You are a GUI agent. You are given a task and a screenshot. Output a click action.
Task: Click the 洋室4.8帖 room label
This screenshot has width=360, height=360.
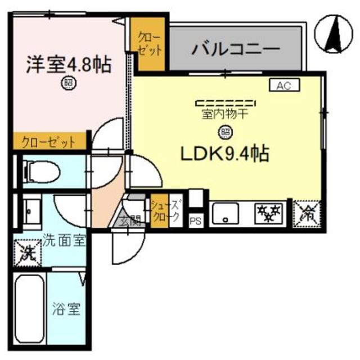68,64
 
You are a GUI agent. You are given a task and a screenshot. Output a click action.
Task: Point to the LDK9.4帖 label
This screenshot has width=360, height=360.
223,152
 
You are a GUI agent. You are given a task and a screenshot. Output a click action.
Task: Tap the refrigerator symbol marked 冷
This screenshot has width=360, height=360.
308,213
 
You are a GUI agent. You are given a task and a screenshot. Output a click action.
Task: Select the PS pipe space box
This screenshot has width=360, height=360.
195,221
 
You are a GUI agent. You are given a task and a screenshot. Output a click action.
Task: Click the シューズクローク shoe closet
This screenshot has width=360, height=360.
165,210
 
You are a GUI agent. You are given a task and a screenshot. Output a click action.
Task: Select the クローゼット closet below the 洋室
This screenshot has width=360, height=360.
48,142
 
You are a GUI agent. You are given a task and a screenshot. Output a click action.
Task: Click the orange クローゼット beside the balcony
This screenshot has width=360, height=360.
150,44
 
